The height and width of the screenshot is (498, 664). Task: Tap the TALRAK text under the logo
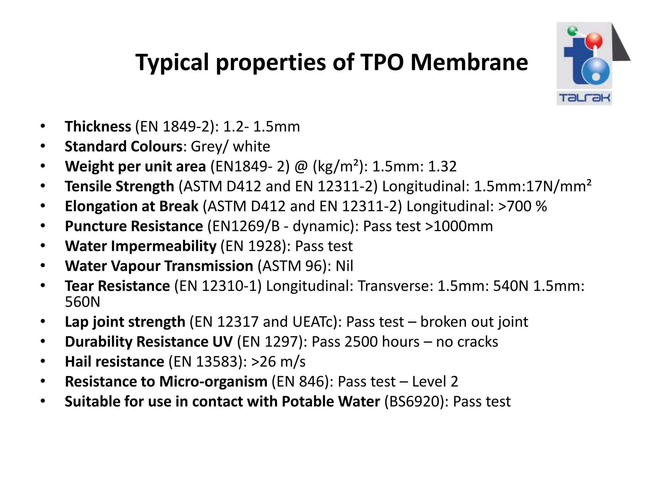[584, 98]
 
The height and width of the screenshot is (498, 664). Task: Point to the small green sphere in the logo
[572, 31]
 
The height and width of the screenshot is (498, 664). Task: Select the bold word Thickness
[98, 126]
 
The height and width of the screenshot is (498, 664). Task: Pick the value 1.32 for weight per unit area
[442, 166]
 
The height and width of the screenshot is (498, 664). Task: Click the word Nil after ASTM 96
[344, 266]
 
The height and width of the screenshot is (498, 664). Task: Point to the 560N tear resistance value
[82, 302]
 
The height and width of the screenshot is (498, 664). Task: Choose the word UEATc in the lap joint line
[315, 322]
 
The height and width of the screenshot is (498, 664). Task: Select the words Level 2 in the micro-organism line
[435, 382]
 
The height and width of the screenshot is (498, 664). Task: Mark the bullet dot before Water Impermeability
[43, 246]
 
